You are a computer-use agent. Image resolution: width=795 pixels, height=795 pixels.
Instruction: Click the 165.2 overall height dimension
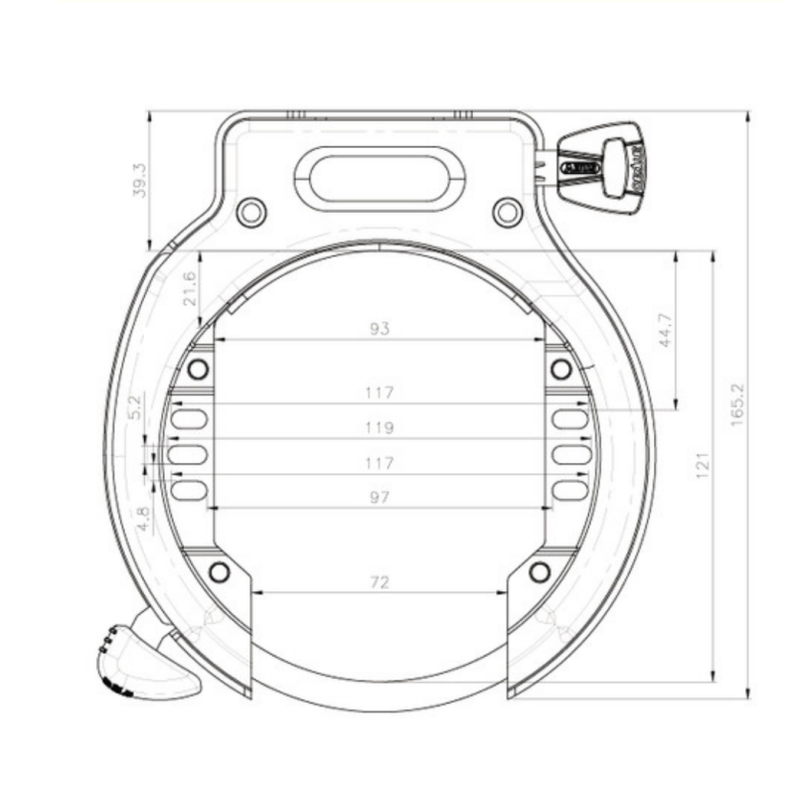737,403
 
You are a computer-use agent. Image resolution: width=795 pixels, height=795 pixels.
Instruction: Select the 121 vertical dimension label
702,463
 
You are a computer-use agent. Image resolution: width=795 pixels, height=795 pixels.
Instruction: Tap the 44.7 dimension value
665,329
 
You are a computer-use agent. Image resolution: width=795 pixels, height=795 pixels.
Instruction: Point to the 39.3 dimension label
139,180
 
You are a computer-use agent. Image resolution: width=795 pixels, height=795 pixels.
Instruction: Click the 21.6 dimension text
190,288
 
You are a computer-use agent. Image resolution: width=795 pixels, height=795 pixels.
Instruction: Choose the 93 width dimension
380,328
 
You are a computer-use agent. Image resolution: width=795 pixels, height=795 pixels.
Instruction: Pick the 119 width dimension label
380,427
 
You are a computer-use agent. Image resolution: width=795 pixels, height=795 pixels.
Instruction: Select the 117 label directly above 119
380,393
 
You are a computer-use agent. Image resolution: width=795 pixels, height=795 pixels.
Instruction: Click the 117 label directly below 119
380,463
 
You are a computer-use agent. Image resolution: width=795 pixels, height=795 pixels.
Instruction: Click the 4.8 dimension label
141,519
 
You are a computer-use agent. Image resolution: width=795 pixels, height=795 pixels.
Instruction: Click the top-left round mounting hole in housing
251,211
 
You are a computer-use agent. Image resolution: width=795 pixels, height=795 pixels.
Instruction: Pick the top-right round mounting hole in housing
507,211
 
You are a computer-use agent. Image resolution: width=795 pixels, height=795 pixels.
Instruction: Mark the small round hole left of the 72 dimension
220,572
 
